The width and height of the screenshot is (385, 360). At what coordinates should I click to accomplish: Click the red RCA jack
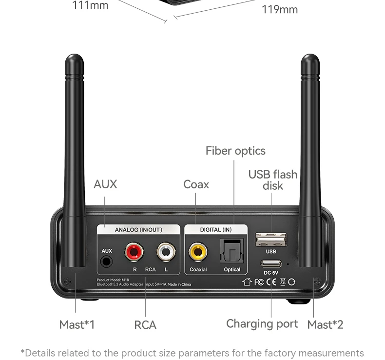tap(134, 252)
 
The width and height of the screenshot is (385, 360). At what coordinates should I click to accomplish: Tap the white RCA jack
tap(166, 252)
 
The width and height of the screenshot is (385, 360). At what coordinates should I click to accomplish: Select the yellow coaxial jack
tap(198, 252)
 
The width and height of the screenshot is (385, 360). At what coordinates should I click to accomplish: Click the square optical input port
tap(232, 251)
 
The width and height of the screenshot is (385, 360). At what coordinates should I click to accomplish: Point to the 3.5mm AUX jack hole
tap(106, 261)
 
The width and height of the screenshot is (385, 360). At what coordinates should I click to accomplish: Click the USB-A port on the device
tap(271, 240)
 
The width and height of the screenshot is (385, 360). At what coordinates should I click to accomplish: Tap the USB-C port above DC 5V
tap(271, 264)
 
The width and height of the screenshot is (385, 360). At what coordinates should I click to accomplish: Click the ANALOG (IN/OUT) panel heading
tap(138, 230)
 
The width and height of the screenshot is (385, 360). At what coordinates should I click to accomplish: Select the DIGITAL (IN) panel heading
tap(216, 230)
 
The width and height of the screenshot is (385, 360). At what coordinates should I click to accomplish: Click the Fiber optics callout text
tap(235, 151)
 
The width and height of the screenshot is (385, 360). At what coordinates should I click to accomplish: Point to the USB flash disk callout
tap(273, 180)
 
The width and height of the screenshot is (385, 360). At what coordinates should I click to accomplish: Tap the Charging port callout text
tap(262, 324)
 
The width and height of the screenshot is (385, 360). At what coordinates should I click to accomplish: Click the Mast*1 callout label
tap(77, 324)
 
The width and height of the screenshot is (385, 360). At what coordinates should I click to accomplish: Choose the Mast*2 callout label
tap(326, 324)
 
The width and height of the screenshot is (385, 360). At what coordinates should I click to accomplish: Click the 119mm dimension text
tap(280, 10)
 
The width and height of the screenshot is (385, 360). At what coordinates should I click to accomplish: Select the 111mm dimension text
tap(90, 5)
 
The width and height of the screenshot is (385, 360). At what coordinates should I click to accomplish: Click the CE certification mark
tap(271, 282)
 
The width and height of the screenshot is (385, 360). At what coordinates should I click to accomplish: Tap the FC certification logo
tap(259, 282)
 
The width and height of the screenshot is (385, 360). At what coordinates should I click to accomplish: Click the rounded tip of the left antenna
tap(75, 59)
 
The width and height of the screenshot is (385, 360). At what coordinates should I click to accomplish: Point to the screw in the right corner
tap(317, 281)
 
